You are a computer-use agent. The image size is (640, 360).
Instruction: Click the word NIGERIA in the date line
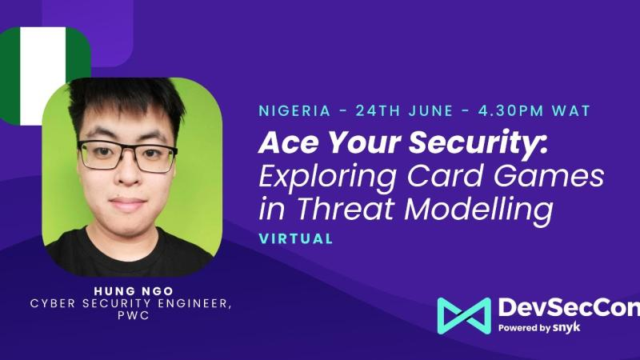pyautogui.click(x=294, y=111)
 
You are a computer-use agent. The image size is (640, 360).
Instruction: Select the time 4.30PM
pyautogui.click(x=510, y=111)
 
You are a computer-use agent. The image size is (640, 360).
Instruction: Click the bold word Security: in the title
pyautogui.click(x=478, y=144)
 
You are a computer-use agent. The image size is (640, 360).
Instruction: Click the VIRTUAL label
pyautogui.click(x=296, y=238)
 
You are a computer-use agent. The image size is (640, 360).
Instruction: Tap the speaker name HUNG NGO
pyautogui.click(x=134, y=291)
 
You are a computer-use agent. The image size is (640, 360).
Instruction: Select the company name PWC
pyautogui.click(x=134, y=316)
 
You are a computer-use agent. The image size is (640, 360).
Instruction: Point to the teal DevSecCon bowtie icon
pyautogui.click(x=464, y=316)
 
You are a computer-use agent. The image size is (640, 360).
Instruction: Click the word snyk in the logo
pyautogui.click(x=566, y=328)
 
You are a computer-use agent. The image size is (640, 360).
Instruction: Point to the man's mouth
pyautogui.click(x=127, y=203)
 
